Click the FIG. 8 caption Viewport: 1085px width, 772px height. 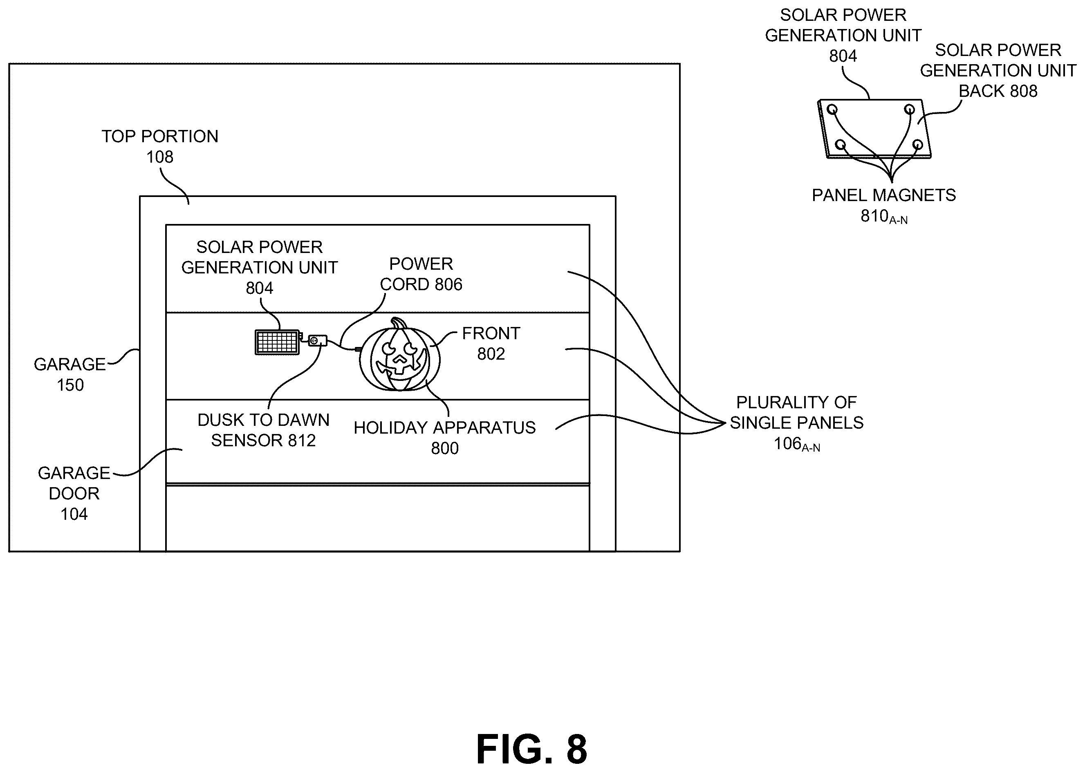[x=531, y=749]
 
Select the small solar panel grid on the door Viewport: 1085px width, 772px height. [x=277, y=342]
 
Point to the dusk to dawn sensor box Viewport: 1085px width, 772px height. [x=318, y=340]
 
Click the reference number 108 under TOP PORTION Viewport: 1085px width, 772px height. [x=160, y=157]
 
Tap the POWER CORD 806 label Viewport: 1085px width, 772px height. [x=421, y=274]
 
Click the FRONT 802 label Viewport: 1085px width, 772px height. [x=491, y=343]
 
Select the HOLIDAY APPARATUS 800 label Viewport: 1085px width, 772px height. [x=444, y=438]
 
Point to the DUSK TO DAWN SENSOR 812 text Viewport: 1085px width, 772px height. [x=263, y=430]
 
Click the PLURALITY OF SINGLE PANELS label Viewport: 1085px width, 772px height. [x=797, y=413]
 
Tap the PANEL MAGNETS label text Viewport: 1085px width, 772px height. [x=884, y=195]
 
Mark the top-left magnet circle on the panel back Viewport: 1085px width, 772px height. [x=832, y=110]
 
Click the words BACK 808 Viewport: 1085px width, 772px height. [x=998, y=91]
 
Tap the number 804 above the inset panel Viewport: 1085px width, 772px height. [x=843, y=56]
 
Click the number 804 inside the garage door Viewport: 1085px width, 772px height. [x=260, y=288]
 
